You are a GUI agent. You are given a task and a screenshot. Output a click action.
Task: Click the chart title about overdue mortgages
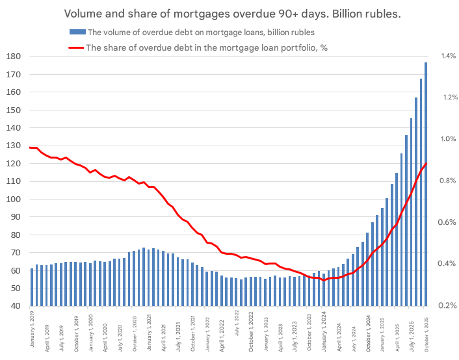pyautogui.click(x=229, y=14)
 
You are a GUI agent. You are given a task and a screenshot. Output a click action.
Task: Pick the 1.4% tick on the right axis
pyautogui.click(x=449, y=57)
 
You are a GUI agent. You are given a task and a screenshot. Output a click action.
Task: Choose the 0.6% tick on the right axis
pyautogui.click(x=449, y=222)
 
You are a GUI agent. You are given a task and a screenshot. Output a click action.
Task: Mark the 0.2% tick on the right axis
pyautogui.click(x=449, y=305)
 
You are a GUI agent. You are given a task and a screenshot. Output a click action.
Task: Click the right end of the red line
pyautogui.click(x=426, y=163)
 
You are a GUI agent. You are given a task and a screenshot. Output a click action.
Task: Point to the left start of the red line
pyautogui.click(x=31, y=148)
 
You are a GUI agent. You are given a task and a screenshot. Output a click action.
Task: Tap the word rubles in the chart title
pyautogui.click(x=379, y=14)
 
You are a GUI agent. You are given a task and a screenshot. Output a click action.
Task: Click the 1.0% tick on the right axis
pyautogui.click(x=449, y=139)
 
